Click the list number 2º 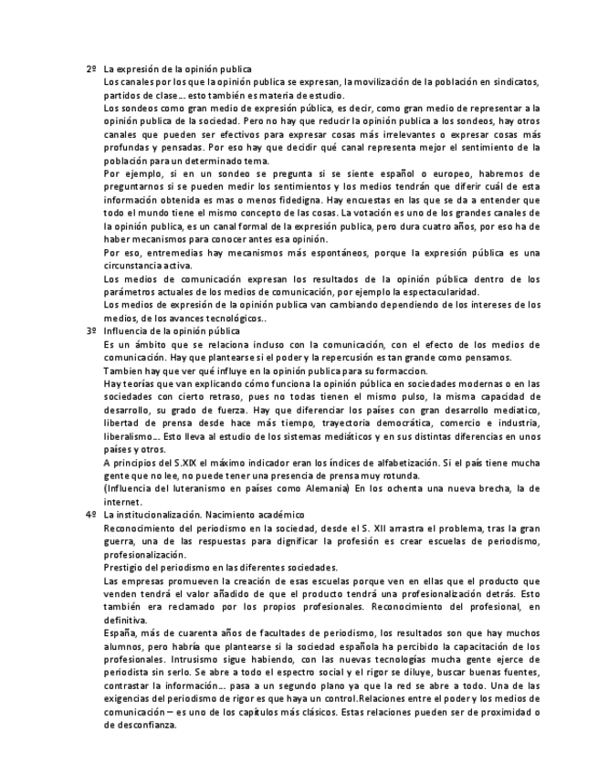coord(90,69)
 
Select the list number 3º coord(90,330)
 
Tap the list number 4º coord(90,515)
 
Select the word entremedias coord(166,251)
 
